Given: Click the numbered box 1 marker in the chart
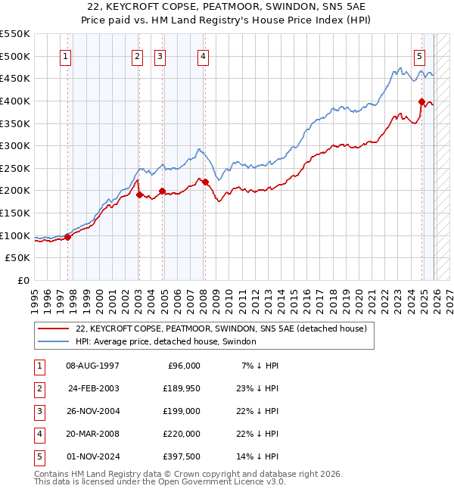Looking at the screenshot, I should tap(66, 56).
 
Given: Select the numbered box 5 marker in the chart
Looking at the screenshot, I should tap(419, 56).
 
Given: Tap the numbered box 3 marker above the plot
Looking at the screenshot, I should tap(160, 56).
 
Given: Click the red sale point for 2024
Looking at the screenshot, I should tap(421, 101).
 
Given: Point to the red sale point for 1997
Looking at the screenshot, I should tap(68, 237).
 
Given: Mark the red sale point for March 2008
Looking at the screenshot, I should tap(205, 182).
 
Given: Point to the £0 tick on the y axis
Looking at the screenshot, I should tap(24, 281).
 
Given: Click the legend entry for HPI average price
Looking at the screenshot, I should tap(166, 341).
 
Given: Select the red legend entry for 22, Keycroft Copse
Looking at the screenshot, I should tap(221, 329).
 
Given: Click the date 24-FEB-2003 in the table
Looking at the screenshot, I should tap(94, 388).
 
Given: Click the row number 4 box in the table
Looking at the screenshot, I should tap(38, 434).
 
